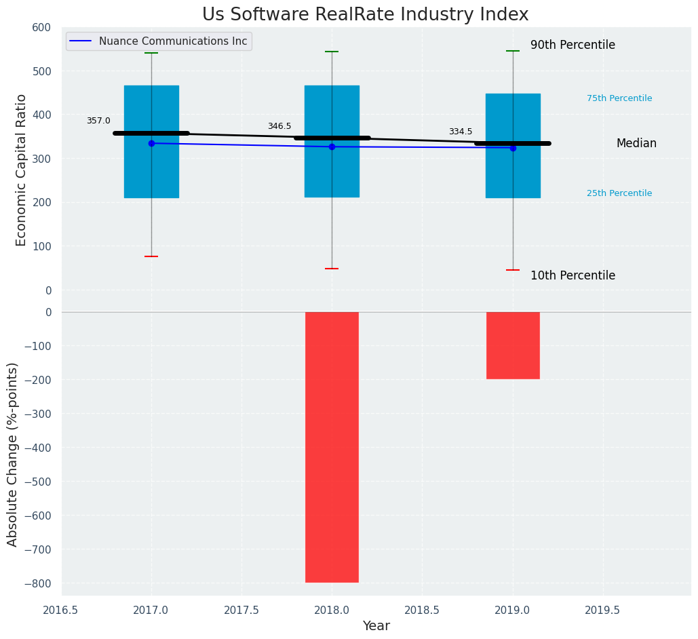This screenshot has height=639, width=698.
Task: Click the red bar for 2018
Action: [332, 446]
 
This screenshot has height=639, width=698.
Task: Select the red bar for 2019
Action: [513, 345]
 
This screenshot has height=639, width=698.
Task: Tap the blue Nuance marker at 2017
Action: [151, 143]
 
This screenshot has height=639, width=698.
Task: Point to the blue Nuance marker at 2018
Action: [332, 147]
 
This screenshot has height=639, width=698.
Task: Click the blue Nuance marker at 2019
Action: [513, 148]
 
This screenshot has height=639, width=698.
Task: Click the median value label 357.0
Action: [98, 121]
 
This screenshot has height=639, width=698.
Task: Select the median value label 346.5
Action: [279, 127]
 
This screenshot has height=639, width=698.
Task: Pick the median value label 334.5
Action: [461, 132]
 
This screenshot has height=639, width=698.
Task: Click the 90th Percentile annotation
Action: [573, 45]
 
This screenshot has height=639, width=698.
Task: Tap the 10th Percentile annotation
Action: [573, 276]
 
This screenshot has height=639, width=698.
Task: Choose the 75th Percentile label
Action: [619, 99]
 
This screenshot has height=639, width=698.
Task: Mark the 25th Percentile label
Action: [619, 194]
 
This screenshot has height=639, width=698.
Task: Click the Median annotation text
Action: [636, 144]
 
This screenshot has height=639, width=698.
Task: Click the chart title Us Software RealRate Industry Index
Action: [365, 15]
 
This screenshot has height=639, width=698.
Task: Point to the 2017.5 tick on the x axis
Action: [241, 610]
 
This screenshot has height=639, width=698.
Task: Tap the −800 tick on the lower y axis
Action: [39, 583]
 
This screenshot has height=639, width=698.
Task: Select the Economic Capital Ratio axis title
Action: [22, 170]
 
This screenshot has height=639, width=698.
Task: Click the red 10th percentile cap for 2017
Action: [151, 256]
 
